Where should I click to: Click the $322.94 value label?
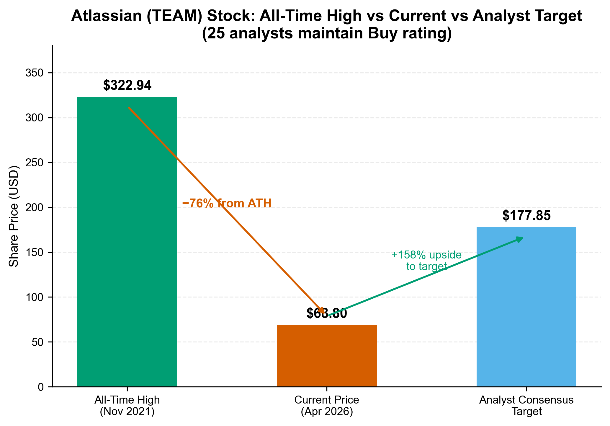pos(127,86)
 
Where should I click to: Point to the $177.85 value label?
pos(526,216)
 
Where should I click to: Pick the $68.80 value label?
pos(327,313)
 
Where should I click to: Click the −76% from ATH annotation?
pos(227,204)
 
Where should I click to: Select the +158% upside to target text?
pos(426,261)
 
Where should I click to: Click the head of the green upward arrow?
pos(520,238)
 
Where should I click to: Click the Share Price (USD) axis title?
pos(14,216)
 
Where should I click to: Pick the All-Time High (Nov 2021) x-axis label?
pos(127,406)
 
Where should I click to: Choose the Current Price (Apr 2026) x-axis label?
pos(327,406)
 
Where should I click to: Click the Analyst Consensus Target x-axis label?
pos(526,406)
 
